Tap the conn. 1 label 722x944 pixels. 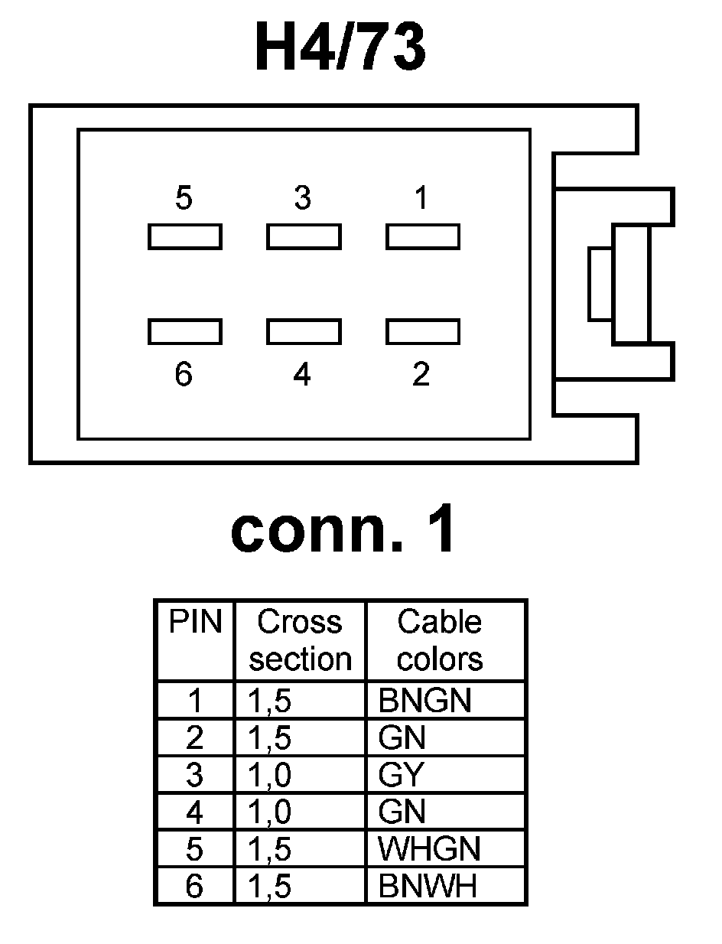coord(343,530)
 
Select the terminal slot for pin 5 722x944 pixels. coord(184,236)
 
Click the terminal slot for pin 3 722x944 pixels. coord(304,236)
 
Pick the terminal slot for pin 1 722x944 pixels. coord(422,236)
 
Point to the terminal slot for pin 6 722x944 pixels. coord(184,331)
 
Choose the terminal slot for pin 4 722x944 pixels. coord(304,331)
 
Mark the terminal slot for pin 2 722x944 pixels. coord(422,331)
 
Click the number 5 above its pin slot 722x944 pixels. coord(184,199)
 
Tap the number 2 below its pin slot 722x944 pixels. coord(421,375)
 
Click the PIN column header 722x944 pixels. coord(195,623)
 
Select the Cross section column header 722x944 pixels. coord(300,641)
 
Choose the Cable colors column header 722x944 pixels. coord(440,641)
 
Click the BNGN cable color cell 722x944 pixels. coord(424,700)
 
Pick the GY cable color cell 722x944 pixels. coord(401,775)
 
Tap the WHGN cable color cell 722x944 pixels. coord(429,849)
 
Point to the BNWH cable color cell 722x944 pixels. coord(428,886)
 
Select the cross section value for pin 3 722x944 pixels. coord(269,775)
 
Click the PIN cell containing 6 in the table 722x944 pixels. coord(194,886)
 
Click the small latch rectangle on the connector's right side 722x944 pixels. coord(600,284)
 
